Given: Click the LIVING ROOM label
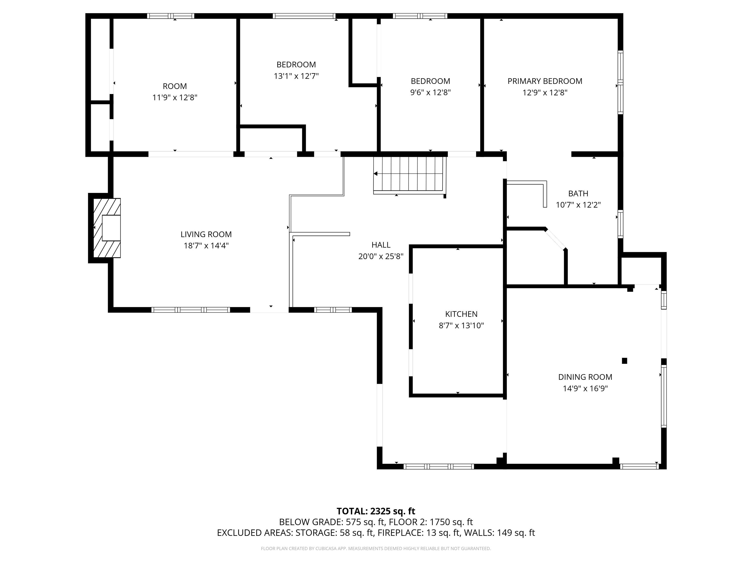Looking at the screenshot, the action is coord(206,234).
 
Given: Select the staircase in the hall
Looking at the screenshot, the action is coord(409,175).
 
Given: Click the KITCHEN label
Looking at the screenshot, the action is coord(461,314).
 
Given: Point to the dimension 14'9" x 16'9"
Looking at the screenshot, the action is coord(585,388).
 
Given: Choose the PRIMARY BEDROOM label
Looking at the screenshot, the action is coord(545,81).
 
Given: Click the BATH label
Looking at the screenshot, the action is coord(578,193).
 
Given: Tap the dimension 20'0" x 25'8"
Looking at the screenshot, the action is coord(381,256).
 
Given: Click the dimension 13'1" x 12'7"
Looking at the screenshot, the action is coord(296,76).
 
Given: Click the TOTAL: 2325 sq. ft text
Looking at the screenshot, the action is coord(376,511).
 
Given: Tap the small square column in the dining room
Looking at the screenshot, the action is coord(624,361).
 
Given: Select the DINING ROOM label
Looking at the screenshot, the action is coord(585,377).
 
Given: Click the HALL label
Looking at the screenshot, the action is coord(381,245).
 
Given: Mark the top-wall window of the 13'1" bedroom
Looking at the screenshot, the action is coord(304,16).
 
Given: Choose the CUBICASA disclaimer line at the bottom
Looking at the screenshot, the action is coord(376,548).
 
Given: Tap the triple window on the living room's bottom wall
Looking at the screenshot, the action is coord(191,310).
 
